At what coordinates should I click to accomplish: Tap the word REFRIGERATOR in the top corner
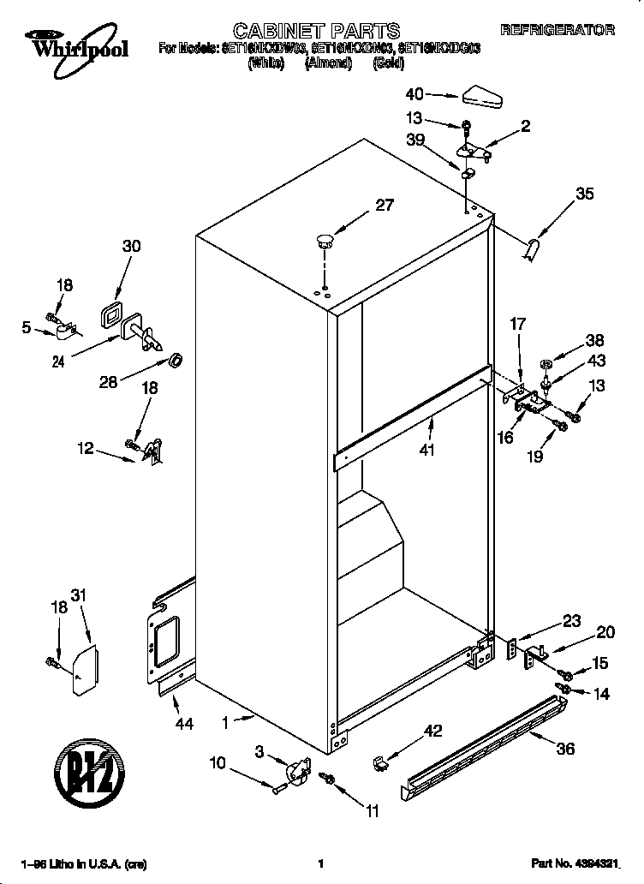pyautogui.click(x=557, y=30)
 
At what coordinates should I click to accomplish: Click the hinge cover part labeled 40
pyautogui.click(x=482, y=97)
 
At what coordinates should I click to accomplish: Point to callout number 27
pyautogui.click(x=384, y=205)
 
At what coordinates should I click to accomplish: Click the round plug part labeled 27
pyautogui.click(x=325, y=239)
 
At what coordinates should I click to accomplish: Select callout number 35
pyautogui.click(x=584, y=194)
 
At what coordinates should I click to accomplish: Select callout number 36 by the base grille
pyautogui.click(x=565, y=748)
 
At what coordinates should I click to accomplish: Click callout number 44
pyautogui.click(x=184, y=724)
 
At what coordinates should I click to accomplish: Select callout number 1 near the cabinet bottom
pyautogui.click(x=225, y=723)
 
